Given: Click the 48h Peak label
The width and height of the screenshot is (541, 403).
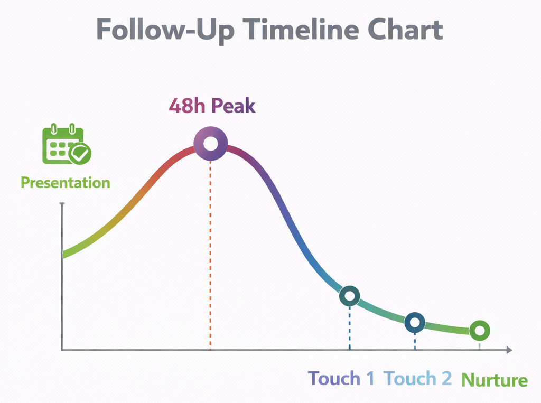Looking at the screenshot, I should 212,106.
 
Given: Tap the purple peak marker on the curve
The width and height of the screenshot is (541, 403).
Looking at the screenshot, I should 210,144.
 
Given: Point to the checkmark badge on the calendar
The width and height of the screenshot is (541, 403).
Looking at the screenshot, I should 81,153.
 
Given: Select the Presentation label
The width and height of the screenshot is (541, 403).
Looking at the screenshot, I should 65,183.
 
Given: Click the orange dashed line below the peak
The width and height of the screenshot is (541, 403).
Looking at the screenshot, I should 210,254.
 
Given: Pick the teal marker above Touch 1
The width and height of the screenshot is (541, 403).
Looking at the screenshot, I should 349,296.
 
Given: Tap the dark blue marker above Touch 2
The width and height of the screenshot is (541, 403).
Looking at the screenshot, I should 415,322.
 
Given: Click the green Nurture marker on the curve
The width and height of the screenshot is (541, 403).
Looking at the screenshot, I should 479,331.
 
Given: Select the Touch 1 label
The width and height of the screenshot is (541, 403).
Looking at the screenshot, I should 341,379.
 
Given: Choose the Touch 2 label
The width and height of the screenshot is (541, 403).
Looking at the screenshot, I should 417,379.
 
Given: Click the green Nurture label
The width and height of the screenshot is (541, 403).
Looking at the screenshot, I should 494,380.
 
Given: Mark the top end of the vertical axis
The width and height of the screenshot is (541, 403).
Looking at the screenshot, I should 62,204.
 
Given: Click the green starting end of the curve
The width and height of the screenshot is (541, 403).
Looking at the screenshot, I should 66,254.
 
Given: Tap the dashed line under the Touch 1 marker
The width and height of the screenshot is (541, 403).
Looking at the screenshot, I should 349,327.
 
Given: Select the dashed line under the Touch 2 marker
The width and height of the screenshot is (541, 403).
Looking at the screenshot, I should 415,341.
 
